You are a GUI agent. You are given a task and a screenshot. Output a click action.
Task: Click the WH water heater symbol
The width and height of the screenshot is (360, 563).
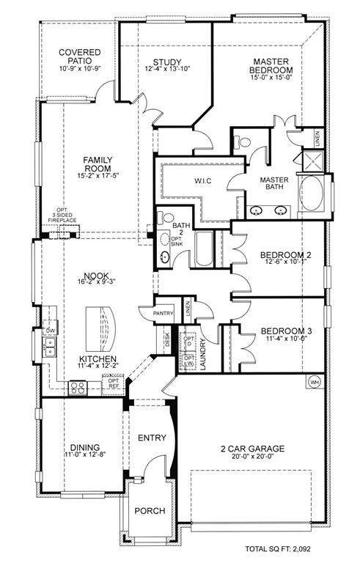pyautogui.click(x=315, y=381)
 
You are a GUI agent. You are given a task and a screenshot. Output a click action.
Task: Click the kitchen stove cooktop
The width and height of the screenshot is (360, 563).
pyautogui.click(x=78, y=388)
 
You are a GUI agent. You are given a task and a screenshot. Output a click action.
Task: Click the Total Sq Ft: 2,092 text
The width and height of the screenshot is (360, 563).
pyautogui.click(x=278, y=548)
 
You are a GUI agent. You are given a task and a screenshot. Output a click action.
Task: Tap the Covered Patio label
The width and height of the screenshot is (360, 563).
pyautogui.click(x=80, y=56)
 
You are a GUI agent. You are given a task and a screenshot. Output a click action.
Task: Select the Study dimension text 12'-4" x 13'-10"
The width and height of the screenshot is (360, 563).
pyautogui.click(x=167, y=69)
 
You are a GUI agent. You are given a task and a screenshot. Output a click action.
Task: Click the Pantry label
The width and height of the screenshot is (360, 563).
pyautogui.click(x=164, y=313)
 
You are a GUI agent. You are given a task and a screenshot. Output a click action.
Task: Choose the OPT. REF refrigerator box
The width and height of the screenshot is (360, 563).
pyautogui.click(x=113, y=385)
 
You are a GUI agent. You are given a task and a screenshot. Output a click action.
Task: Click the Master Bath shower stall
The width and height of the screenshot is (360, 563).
pyautogui.click(x=312, y=161)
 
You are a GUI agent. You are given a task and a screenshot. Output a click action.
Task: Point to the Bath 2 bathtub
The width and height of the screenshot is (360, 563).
pyautogui.click(x=204, y=249)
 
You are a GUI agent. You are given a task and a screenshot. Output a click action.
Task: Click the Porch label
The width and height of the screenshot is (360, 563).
pyautogui.click(x=150, y=510)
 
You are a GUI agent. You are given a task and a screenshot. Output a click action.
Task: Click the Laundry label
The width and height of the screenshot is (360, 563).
pyautogui.click(x=202, y=354)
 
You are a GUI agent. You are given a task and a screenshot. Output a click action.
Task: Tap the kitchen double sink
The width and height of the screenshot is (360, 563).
pyautogui.click(x=49, y=347)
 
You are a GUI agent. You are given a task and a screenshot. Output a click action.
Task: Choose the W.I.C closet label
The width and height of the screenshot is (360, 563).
pyautogui.click(x=203, y=180)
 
